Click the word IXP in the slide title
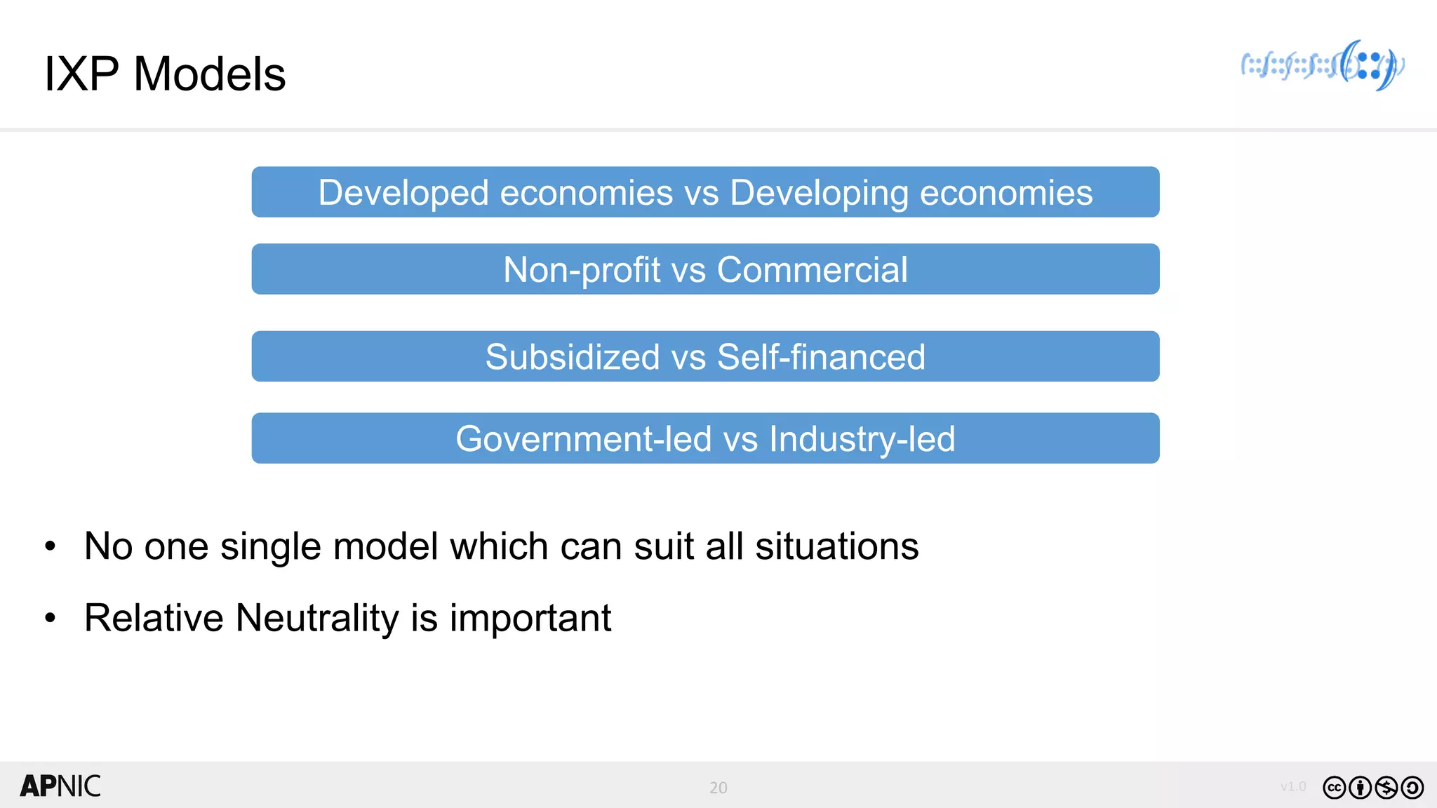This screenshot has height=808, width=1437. pyautogui.click(x=81, y=74)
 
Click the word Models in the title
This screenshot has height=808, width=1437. pyautogui.click(x=209, y=74)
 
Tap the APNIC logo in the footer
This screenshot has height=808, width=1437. pyautogui.click(x=60, y=786)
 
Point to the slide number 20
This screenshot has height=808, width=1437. pyautogui.click(x=718, y=788)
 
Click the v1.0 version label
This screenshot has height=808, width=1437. pyautogui.click(x=1292, y=786)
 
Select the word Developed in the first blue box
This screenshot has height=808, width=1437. pyautogui.click(x=403, y=193)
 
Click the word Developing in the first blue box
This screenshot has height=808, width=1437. pyautogui.click(x=819, y=193)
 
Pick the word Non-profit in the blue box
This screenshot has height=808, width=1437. pyautogui.click(x=582, y=270)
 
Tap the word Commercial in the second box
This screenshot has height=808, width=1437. pyautogui.click(x=812, y=270)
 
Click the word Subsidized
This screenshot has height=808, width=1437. pyautogui.click(x=573, y=357)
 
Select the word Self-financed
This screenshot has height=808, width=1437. pyautogui.click(x=821, y=357)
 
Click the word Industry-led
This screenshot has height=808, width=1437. pyautogui.click(x=862, y=439)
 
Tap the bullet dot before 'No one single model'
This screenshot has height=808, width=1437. pyautogui.click(x=50, y=546)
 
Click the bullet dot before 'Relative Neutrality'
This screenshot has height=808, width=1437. pyautogui.click(x=50, y=619)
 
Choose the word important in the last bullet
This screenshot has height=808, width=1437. pyautogui.click(x=530, y=619)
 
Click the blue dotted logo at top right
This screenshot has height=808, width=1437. pyautogui.click(x=1322, y=66)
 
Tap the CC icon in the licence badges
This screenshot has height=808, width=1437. pyautogui.click(x=1334, y=788)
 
